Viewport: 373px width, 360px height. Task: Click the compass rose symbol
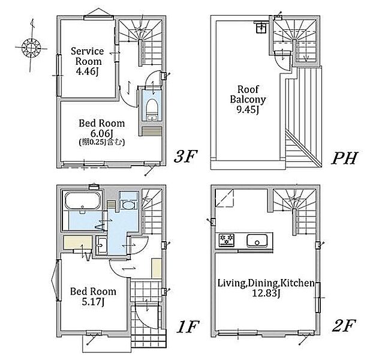[x=31, y=47]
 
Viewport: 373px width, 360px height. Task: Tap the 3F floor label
[x=185, y=156]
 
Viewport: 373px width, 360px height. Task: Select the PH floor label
[x=345, y=158]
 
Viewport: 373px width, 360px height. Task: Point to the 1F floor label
[x=188, y=326]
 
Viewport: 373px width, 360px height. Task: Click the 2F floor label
[x=344, y=325]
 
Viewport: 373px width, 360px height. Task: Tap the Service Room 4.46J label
[x=88, y=61]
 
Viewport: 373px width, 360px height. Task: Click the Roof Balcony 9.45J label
[x=248, y=99]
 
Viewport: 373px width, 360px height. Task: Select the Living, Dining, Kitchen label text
[x=266, y=283]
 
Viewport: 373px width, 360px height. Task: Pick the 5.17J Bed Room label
[x=93, y=296]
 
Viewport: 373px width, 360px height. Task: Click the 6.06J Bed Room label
[x=102, y=128]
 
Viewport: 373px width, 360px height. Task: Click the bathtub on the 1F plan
[x=82, y=201]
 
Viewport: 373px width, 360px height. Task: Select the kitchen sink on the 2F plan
[x=257, y=241]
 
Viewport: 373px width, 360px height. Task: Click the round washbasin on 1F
[x=128, y=205]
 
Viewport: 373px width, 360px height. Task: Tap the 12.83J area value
[x=266, y=293]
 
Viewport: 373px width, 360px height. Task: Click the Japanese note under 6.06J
[x=102, y=142]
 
